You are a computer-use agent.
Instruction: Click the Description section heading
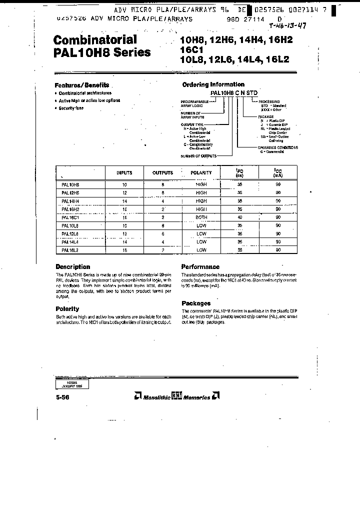click(x=72, y=267)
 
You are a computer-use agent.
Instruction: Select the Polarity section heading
click(x=67, y=309)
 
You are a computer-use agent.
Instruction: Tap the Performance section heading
click(x=200, y=267)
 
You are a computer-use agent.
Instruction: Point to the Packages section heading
click(x=196, y=303)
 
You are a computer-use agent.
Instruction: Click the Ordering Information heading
click(x=213, y=84)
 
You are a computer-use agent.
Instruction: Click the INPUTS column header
click(x=124, y=173)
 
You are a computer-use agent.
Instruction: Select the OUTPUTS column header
click(x=162, y=173)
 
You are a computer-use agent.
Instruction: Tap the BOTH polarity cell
click(x=201, y=217)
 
